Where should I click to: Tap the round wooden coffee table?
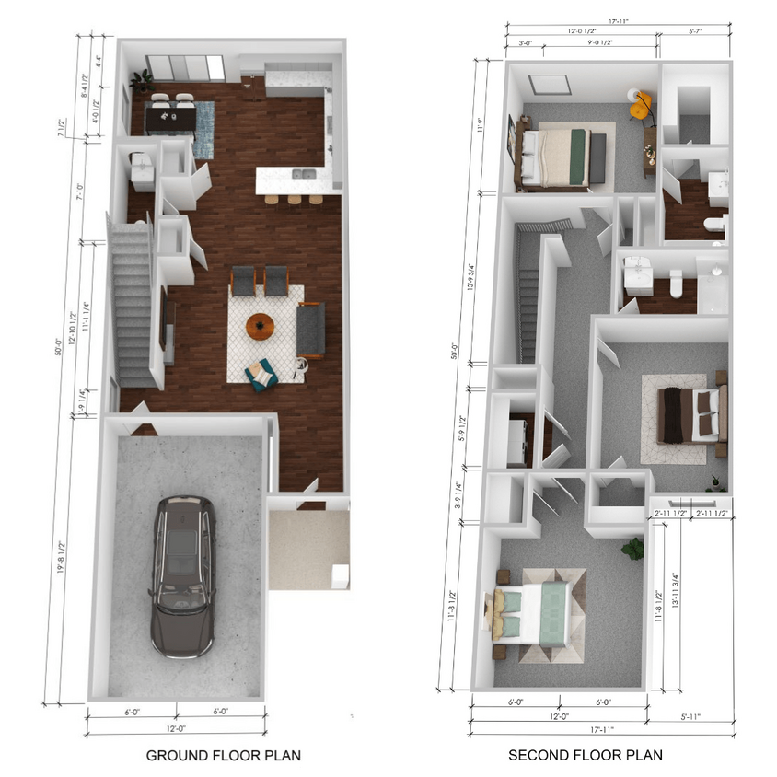click(x=261, y=326)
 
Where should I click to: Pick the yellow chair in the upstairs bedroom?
click(x=641, y=104)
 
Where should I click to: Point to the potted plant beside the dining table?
click(x=142, y=79)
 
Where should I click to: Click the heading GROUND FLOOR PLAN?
click(x=223, y=756)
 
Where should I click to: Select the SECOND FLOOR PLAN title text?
click(x=586, y=756)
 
